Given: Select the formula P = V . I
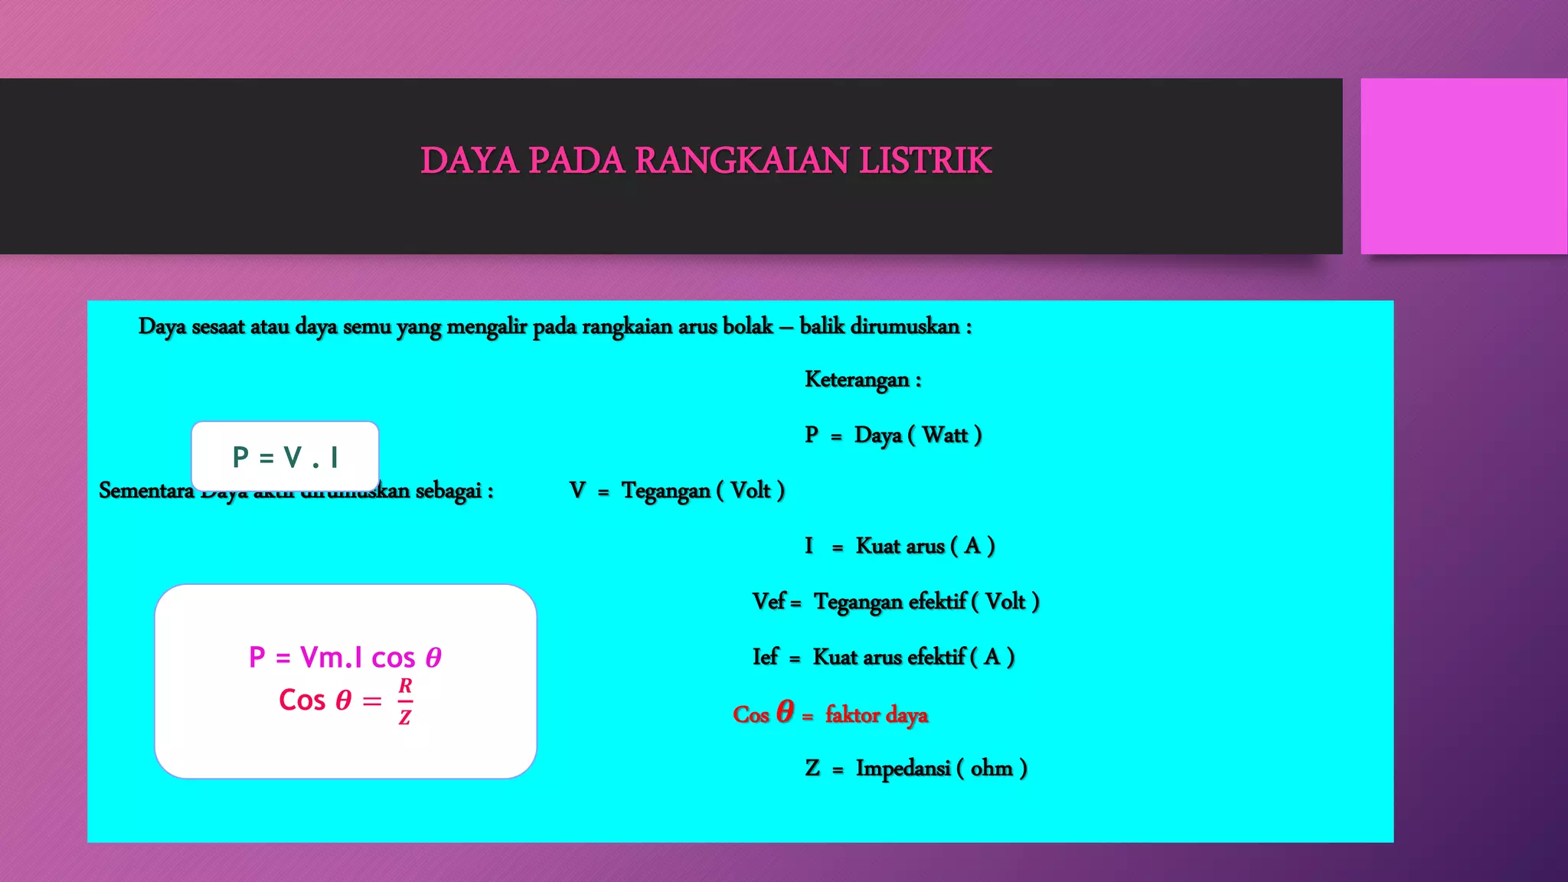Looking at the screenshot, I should (285, 457).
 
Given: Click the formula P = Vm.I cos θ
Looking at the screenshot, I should (345, 657).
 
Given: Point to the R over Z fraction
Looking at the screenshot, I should (405, 701).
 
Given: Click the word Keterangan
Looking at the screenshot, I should (857, 380).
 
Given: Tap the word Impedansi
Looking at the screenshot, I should (903, 768).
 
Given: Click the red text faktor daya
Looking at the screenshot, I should (877, 715).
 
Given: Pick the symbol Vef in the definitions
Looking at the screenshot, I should (769, 602).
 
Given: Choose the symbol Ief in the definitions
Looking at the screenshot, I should (765, 657).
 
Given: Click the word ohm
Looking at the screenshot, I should (991, 768).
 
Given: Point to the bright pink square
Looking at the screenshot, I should (1463, 166).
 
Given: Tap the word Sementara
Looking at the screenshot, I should (146, 491).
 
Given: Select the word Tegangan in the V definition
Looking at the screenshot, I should (665, 491).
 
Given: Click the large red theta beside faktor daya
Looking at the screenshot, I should (785, 711).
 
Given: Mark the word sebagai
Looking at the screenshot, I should (448, 491).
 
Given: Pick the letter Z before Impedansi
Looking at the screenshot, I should (812, 768).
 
